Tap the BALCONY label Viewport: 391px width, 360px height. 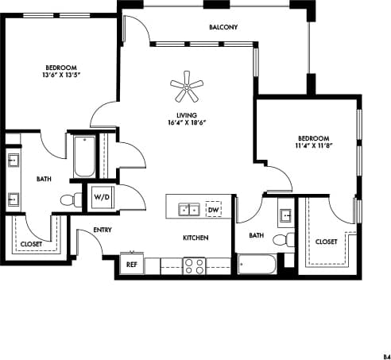223,28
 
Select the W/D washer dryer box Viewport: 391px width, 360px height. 102,196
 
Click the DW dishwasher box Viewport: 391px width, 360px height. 213,209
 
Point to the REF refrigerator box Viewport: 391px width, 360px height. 131,263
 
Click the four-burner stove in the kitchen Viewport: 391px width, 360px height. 195,265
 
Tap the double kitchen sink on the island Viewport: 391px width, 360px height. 188,209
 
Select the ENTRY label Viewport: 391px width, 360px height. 102,230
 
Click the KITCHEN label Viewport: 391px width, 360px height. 195,238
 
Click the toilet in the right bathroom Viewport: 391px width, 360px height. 281,238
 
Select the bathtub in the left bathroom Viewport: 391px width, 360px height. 83,157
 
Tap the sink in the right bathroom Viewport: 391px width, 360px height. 285,215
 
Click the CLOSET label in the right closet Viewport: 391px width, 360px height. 326,242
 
